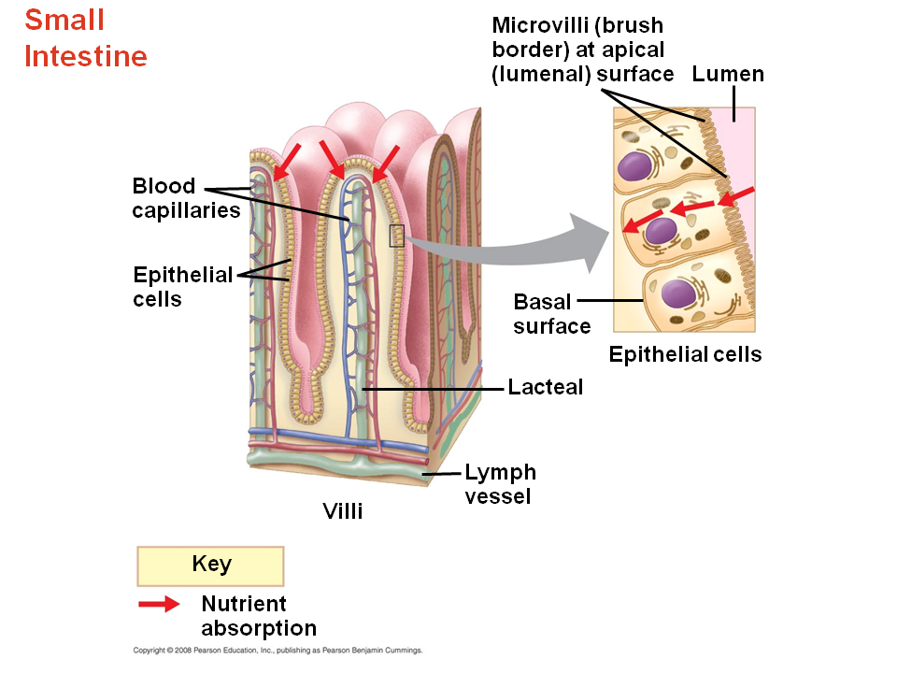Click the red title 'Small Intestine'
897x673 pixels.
pyautogui.click(x=85, y=38)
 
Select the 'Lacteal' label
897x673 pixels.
pyautogui.click(x=545, y=386)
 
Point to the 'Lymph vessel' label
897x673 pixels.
pyautogui.click(x=500, y=484)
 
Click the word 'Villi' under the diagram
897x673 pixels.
pyautogui.click(x=342, y=511)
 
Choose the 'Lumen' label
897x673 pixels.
pyautogui.click(x=728, y=75)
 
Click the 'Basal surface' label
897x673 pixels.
pyautogui.click(x=551, y=314)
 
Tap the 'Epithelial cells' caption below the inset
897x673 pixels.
pyautogui.click(x=685, y=355)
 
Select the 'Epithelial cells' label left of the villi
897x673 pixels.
pyautogui.click(x=182, y=287)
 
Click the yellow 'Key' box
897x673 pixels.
pyautogui.click(x=210, y=566)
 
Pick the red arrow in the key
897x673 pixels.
pyautogui.click(x=159, y=605)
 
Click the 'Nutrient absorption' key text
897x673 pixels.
pyautogui.click(x=258, y=616)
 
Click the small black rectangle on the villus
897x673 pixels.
pyautogui.click(x=396, y=236)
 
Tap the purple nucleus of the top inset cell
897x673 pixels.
pyautogui.click(x=635, y=166)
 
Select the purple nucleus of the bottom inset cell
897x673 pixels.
pyautogui.click(x=677, y=294)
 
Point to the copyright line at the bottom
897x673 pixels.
pyautogui.click(x=278, y=650)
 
